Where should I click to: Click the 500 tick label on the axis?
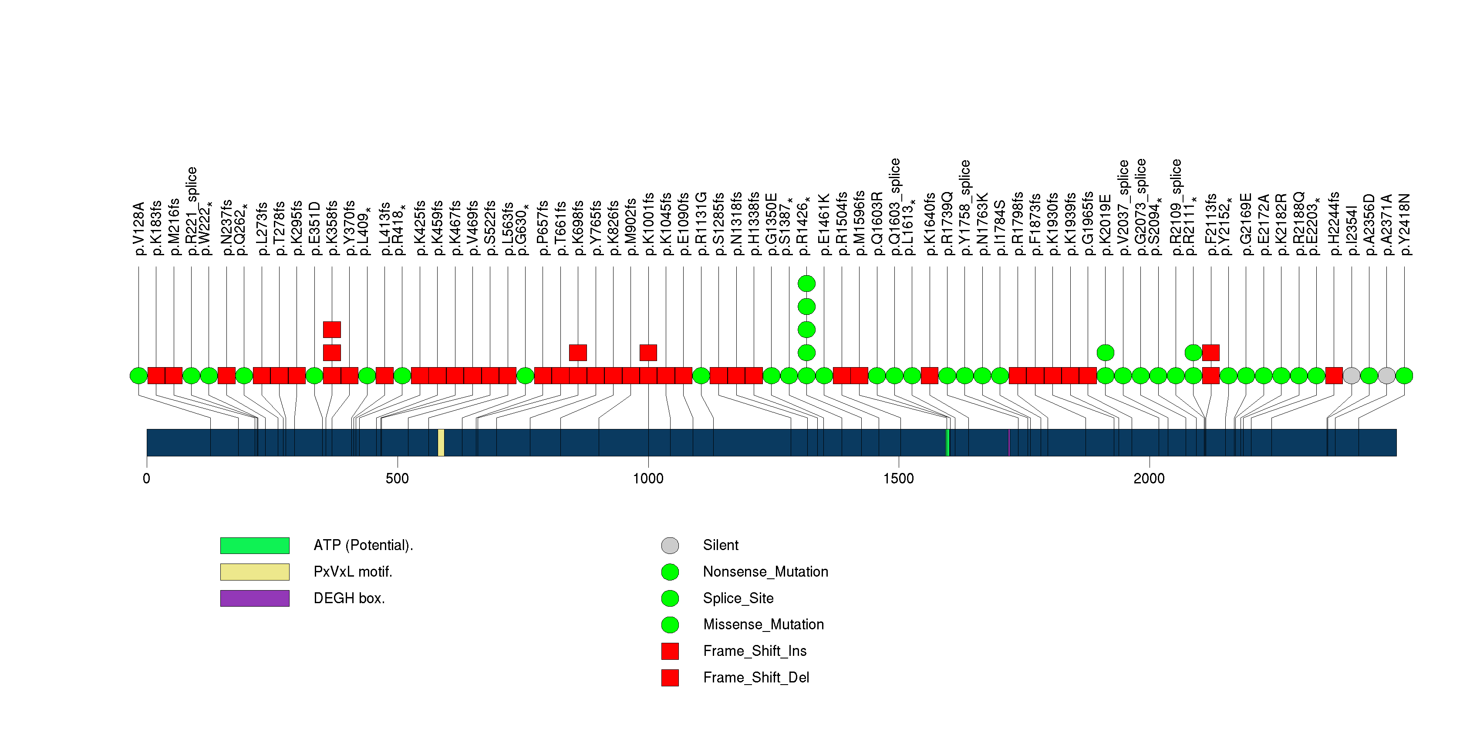point(397,478)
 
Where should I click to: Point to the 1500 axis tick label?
point(898,478)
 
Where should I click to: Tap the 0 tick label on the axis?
point(147,478)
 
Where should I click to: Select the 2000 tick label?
point(1149,478)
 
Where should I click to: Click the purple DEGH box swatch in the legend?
point(255,598)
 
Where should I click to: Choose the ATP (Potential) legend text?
point(363,545)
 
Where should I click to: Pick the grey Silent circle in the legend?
point(670,545)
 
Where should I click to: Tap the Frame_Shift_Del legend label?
point(755,677)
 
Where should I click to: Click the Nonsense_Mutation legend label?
point(765,572)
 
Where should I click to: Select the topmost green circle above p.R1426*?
point(806,284)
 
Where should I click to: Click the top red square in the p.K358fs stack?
point(332,329)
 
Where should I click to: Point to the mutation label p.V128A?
point(138,228)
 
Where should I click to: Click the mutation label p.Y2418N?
point(1404,224)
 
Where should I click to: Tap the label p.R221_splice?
point(191,211)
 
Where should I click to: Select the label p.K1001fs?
point(648,224)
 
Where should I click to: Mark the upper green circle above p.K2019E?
point(1106,353)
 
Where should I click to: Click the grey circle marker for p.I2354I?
point(1351,375)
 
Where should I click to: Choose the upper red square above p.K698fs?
point(578,353)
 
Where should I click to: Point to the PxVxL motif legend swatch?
point(255,572)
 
